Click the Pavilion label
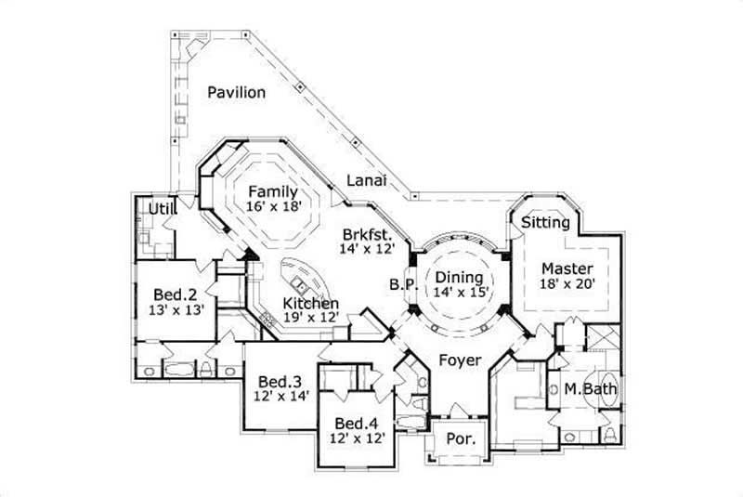(x=237, y=92)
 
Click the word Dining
(x=459, y=277)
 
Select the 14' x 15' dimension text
(x=459, y=293)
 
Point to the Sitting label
(x=540, y=223)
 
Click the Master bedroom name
(x=567, y=269)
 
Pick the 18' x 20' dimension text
(x=567, y=285)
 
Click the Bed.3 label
(x=280, y=381)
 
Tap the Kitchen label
(x=310, y=304)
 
